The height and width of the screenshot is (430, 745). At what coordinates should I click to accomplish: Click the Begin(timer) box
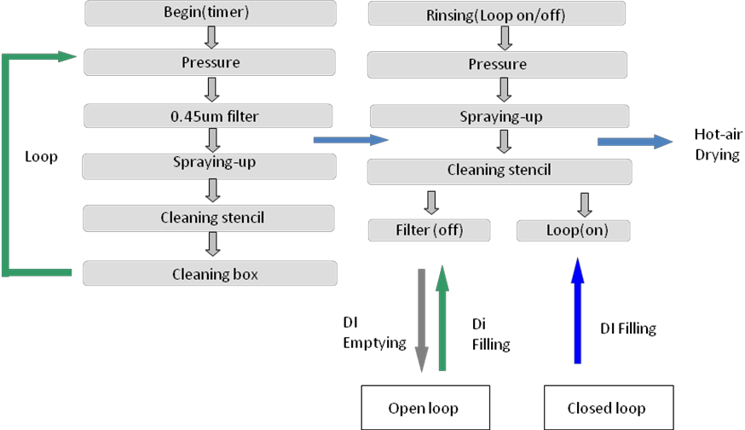pos(211,13)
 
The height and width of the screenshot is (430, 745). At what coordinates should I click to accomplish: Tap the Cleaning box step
pos(211,273)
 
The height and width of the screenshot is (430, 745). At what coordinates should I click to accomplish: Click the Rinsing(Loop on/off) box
pos(496,15)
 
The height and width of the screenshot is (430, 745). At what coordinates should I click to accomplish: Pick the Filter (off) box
pos(430,230)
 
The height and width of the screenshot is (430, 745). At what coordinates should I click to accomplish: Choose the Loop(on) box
pos(574,230)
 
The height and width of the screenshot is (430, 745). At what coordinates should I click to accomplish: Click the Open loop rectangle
pos(424,408)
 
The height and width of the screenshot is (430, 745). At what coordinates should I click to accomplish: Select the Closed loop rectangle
pos(607,408)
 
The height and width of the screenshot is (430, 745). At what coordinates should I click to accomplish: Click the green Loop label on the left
pos(41,158)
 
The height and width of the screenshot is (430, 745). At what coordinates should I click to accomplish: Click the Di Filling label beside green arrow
pos(490,334)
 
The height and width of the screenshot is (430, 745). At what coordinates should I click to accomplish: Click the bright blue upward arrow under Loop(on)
pos(577,311)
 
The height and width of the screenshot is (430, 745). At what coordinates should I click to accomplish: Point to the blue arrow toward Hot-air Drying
pos(634,141)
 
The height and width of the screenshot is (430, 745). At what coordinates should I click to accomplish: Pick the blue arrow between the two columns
pos(349,139)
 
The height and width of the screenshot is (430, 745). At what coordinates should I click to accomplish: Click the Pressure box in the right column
pos(497,64)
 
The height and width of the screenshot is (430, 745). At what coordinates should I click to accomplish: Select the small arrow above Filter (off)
pos(431,202)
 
